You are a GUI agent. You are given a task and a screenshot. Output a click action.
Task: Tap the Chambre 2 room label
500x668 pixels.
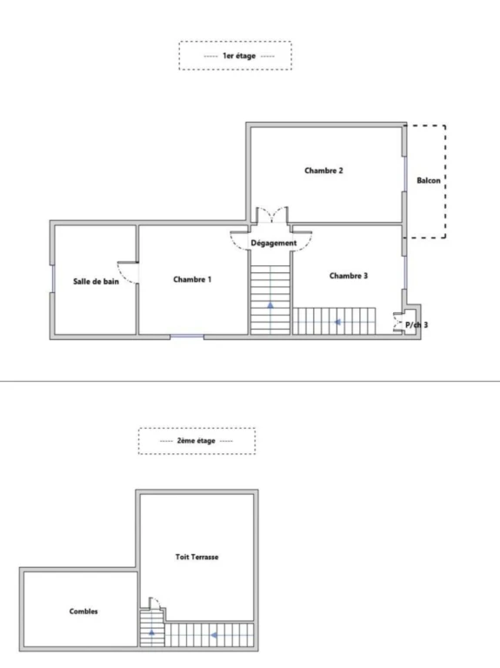click(323, 170)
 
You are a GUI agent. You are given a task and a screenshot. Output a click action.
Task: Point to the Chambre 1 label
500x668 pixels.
click(192, 279)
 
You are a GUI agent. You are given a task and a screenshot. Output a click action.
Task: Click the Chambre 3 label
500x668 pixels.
click(349, 276)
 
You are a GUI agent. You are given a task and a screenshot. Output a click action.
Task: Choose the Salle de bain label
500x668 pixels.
click(96, 281)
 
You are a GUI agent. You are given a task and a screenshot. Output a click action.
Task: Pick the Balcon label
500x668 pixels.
click(429, 180)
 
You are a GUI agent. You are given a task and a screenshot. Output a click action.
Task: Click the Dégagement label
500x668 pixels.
click(273, 243)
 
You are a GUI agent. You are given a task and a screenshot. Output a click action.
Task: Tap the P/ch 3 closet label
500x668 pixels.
click(417, 324)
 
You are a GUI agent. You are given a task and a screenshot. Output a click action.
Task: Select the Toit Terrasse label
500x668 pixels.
click(197, 557)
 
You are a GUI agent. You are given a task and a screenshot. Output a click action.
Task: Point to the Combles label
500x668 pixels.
click(83, 611)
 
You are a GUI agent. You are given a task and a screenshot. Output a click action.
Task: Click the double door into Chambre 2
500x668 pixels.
click(271, 215)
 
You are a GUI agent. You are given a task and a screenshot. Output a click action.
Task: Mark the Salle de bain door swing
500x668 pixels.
click(128, 272)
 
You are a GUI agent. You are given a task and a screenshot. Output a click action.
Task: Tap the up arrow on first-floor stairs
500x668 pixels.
click(270, 305)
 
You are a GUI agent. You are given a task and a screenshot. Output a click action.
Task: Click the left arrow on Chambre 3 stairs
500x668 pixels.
click(337, 322)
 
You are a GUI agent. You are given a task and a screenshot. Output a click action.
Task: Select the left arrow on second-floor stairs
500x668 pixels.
click(214, 635)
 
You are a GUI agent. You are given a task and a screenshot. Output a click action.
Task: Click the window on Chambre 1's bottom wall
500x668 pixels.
click(187, 337)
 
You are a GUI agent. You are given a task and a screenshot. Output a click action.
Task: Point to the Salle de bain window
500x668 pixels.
click(53, 278)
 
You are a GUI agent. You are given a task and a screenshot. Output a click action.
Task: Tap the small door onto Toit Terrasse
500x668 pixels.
click(154, 603)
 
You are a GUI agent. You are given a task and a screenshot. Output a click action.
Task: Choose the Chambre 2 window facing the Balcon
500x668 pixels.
click(404, 174)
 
